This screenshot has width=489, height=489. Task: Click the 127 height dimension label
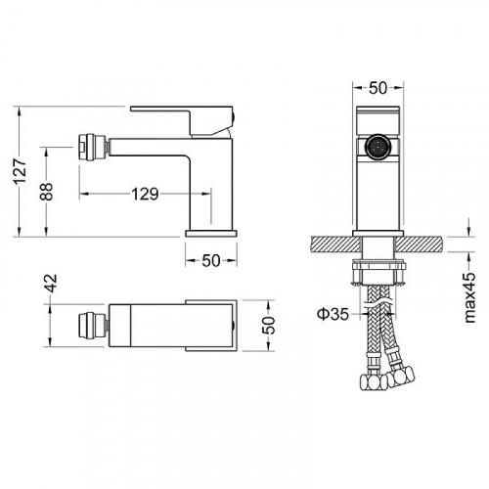click(x=20, y=171)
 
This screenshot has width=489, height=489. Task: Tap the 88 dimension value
click(x=46, y=192)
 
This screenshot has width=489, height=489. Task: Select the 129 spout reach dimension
click(x=145, y=194)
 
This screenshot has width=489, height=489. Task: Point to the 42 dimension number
click(x=51, y=283)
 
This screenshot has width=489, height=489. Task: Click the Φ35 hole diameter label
click(x=333, y=314)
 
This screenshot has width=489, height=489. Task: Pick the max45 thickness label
click(x=469, y=297)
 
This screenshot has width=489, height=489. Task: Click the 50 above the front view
click(x=378, y=88)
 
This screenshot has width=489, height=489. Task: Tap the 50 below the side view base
click(x=211, y=260)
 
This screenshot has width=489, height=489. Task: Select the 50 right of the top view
click(x=268, y=325)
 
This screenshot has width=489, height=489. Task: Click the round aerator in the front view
click(x=378, y=147)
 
